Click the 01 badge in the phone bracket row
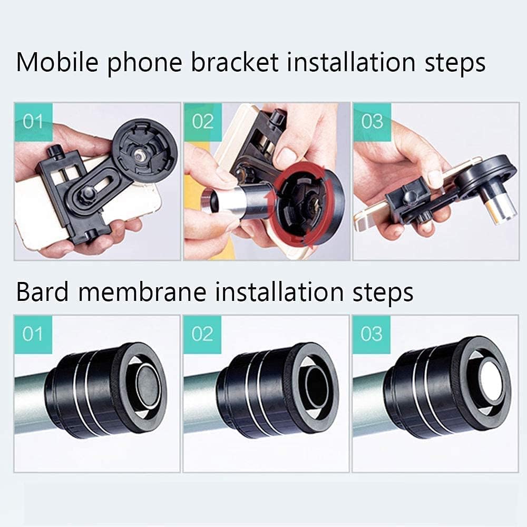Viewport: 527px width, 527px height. click(x=33, y=122)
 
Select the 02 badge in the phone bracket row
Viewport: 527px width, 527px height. click(x=202, y=122)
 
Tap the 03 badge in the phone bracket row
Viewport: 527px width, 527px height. click(x=372, y=122)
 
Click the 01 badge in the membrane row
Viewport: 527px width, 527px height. click(x=33, y=334)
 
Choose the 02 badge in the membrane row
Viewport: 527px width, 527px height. click(x=202, y=334)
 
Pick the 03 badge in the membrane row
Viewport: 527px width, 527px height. click(x=372, y=334)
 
